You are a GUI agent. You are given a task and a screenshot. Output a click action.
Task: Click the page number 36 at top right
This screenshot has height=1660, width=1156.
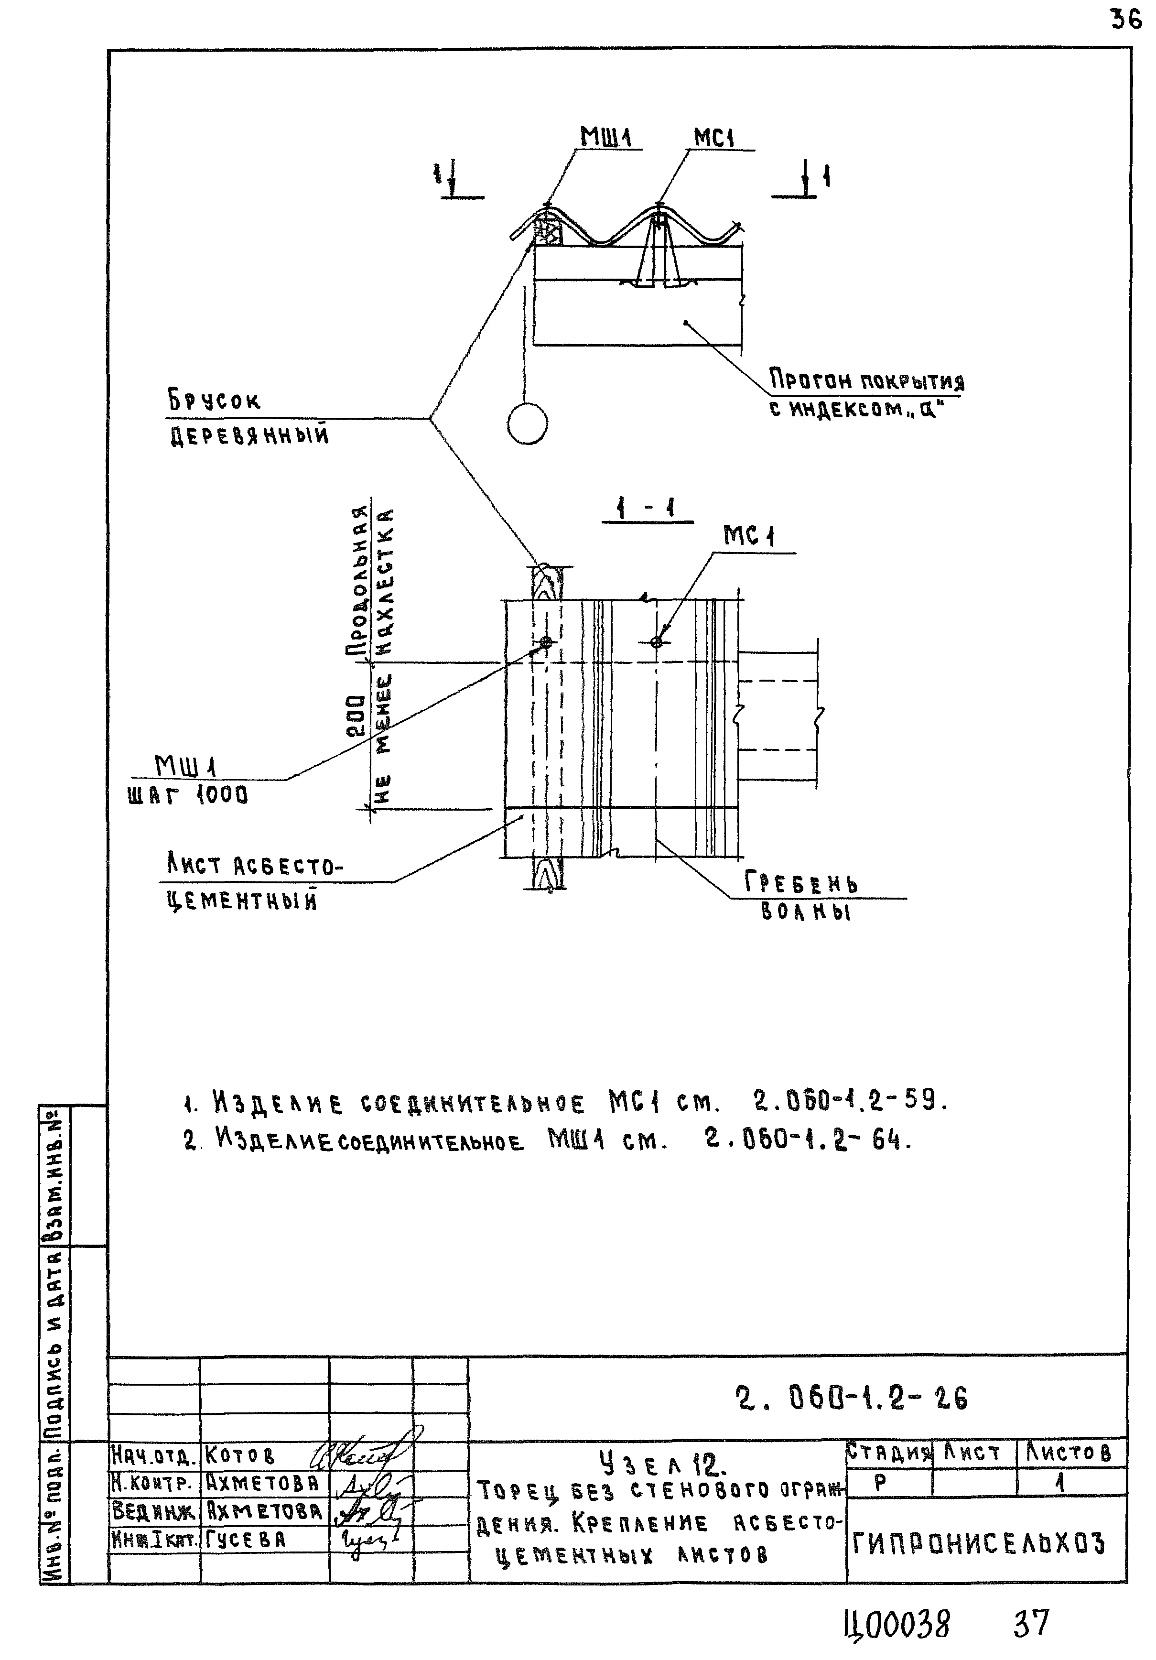coord(1125,20)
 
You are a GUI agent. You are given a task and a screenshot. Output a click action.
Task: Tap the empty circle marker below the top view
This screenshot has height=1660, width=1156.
coord(527,423)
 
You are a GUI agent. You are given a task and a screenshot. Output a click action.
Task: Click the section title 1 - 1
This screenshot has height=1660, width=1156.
coord(646,510)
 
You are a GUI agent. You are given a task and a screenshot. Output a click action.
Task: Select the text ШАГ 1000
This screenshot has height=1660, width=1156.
coord(187,795)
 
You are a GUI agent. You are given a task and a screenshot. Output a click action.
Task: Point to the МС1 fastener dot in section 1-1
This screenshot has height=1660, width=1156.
coord(656,642)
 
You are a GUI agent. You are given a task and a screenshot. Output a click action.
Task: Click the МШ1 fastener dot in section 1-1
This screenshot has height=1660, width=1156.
coord(546,642)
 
